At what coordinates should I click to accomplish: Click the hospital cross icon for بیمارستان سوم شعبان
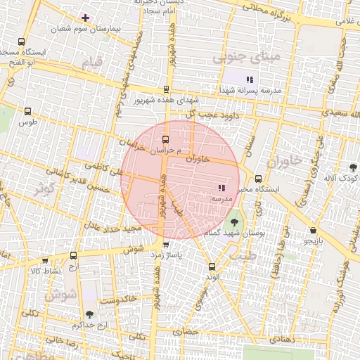click(85, 18)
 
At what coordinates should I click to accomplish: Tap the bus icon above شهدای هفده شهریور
click(166, 89)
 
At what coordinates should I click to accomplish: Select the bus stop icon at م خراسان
click(166, 139)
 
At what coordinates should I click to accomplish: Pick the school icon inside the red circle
click(221, 188)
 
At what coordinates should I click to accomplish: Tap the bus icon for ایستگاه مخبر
click(259, 179)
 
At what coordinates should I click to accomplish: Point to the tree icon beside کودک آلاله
click(352, 167)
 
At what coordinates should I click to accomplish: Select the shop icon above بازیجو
click(313, 230)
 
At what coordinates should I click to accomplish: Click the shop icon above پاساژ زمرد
click(166, 245)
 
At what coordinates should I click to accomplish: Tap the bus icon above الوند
click(212, 266)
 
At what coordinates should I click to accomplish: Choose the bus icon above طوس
click(28, 110)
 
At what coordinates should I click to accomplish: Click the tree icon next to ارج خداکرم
click(89, 314)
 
